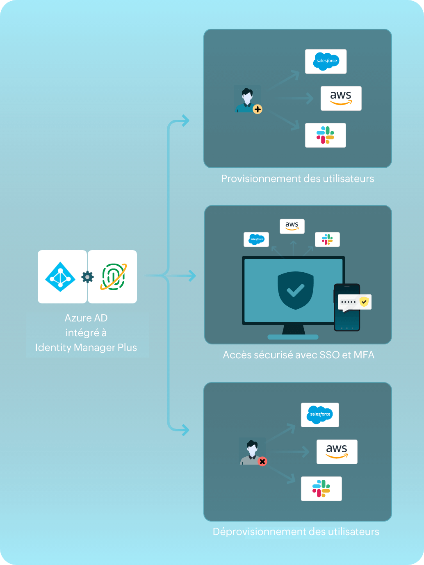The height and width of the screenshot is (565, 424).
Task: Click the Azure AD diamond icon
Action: (60, 277)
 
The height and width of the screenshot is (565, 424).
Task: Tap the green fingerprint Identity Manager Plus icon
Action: (113, 277)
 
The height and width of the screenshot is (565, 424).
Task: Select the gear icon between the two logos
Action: (87, 277)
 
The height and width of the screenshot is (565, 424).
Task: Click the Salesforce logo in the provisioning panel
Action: (326, 62)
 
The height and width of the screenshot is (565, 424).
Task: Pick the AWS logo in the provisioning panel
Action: (341, 98)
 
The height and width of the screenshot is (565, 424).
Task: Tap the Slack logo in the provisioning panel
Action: (325, 135)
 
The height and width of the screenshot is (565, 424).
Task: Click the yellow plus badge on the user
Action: (258, 109)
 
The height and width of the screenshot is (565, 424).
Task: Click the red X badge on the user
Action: (262, 462)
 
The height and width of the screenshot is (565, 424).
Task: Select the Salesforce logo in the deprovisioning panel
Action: (320, 415)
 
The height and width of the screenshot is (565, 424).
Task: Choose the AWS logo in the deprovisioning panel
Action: (337, 452)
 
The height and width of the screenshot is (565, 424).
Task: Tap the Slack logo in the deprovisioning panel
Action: (321, 489)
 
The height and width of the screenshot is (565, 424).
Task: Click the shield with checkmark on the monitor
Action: (295, 290)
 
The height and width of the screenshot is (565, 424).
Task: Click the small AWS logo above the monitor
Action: (292, 226)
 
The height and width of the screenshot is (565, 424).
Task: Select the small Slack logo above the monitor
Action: (327, 239)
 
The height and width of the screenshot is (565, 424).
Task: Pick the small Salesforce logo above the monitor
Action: (256, 239)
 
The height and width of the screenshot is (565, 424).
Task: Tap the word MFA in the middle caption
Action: (364, 355)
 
